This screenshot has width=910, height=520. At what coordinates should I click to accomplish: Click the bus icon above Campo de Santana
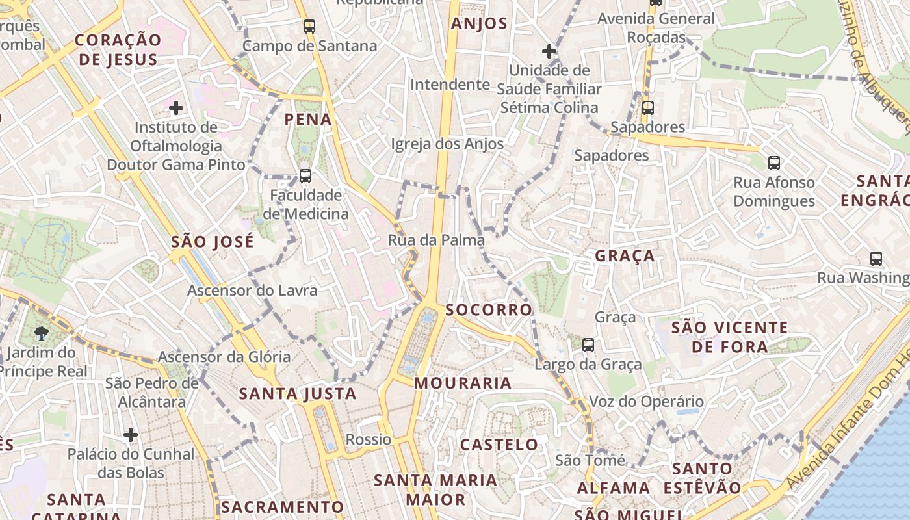[309, 27]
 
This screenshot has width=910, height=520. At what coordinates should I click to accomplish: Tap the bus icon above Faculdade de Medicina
[305, 175]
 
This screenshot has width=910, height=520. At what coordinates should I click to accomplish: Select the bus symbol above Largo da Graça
[588, 345]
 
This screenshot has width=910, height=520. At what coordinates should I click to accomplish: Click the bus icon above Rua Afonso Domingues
[774, 162]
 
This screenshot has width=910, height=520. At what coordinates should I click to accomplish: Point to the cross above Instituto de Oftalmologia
[175, 107]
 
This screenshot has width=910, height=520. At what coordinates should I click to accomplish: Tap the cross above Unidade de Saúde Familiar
[549, 51]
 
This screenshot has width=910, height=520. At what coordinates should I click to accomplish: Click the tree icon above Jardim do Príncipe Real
[42, 334]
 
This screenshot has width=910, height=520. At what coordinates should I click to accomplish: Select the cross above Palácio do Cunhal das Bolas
[131, 434]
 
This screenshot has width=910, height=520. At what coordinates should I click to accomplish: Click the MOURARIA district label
[463, 383]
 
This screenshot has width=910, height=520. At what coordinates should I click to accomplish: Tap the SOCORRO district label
[489, 310]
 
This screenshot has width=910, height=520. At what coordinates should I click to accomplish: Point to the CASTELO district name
[499, 445]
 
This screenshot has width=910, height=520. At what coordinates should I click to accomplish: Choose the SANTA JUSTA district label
[298, 394]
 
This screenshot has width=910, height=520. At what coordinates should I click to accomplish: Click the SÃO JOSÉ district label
[212, 242]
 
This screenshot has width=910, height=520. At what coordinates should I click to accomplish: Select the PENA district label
[308, 120]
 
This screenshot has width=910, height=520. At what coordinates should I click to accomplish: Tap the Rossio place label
[369, 439]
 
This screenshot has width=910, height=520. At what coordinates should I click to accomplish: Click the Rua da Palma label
[436, 240]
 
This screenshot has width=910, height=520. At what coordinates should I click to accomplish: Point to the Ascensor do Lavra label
[252, 290]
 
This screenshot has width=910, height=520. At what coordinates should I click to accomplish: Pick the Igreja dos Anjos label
[447, 144]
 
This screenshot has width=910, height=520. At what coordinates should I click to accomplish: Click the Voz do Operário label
[646, 402]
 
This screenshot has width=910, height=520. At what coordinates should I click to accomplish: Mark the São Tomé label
[590, 461]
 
